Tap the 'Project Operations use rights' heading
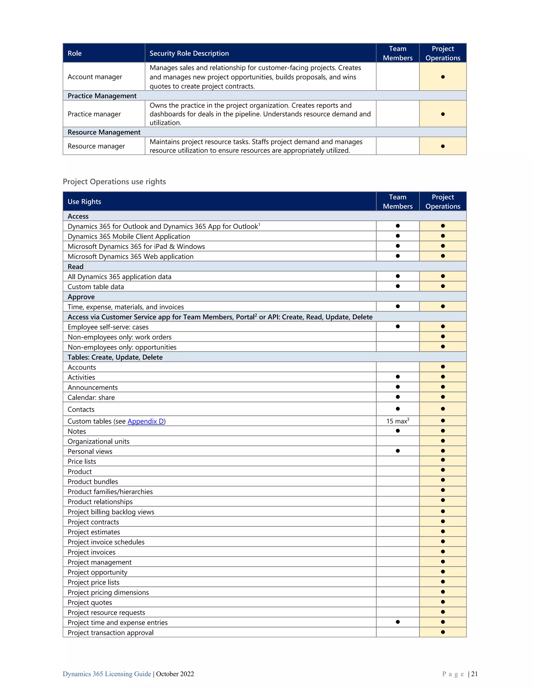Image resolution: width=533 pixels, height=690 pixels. (114, 182)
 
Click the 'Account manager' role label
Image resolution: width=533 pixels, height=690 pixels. (95, 77)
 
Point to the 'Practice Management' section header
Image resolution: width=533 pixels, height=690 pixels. (102, 96)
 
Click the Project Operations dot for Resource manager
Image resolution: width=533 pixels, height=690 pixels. (443, 146)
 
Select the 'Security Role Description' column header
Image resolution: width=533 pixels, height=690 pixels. (189, 53)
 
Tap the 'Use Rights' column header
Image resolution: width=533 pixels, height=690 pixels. (84, 202)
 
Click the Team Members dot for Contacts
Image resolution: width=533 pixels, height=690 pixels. (398, 409)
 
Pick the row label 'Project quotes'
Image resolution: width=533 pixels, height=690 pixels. (90, 603)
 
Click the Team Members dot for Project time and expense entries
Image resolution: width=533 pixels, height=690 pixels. (398, 622)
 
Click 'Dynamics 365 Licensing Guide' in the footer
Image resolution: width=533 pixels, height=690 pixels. (107, 674)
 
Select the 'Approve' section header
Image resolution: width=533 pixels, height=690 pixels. (81, 297)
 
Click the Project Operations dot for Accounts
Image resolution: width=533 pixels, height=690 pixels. (443, 367)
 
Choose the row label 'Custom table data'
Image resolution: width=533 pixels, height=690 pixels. (96, 287)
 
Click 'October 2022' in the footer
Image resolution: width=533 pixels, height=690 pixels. (175, 674)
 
